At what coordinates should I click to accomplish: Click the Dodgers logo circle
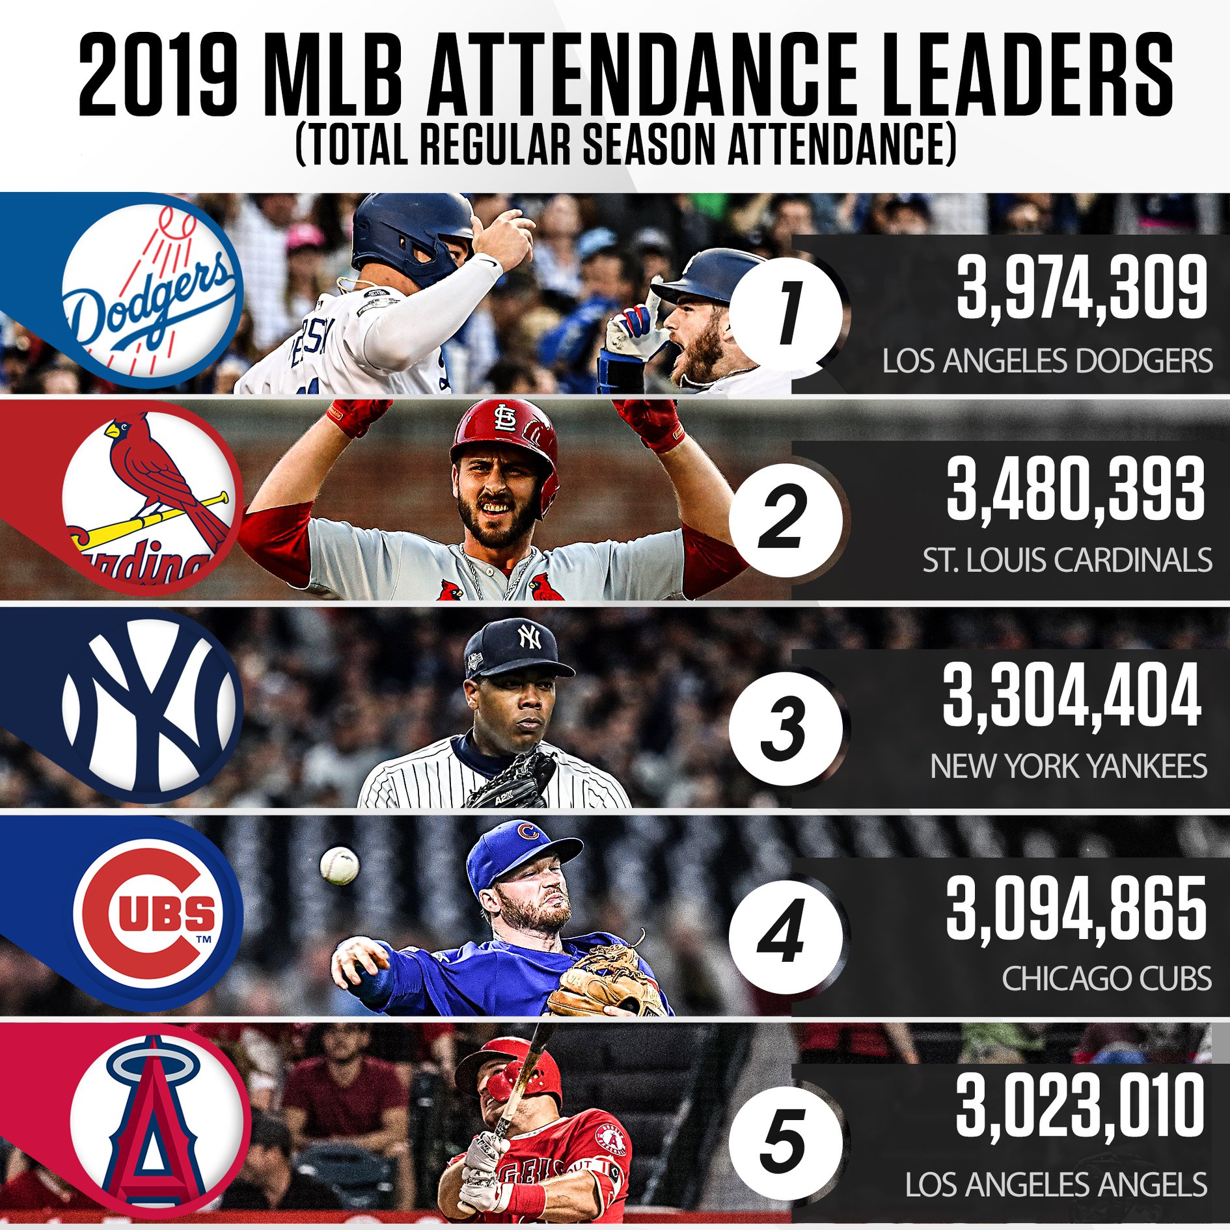152,293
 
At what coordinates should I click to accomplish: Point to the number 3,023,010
1080,1108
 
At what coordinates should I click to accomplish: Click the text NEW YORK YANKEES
1069,766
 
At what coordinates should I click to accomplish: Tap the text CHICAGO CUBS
1106,978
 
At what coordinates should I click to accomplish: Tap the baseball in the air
339,865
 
